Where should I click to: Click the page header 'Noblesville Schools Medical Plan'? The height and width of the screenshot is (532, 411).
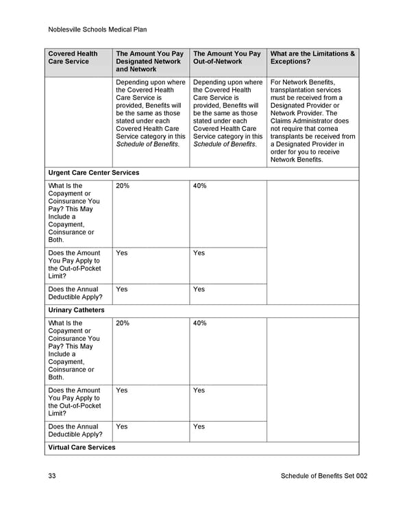click(98, 29)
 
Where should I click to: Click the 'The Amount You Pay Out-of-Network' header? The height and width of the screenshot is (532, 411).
click(227, 58)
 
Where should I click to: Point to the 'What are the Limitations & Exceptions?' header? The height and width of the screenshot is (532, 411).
click(312, 58)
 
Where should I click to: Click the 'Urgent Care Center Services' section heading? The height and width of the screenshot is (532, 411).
click(93, 173)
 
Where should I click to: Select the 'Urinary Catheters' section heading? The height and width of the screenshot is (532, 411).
click(76, 310)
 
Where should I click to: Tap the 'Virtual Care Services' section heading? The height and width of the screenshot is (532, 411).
click(82, 447)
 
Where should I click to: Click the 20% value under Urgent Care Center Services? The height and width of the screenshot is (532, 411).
click(123, 186)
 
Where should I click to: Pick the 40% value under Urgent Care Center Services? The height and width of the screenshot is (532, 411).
click(200, 186)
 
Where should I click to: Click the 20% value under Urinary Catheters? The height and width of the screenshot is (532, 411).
click(123, 323)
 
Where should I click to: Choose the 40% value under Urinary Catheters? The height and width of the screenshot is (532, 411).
click(200, 323)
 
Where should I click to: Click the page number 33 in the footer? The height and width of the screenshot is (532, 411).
click(53, 476)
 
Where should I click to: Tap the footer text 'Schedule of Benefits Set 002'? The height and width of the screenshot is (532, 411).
click(324, 476)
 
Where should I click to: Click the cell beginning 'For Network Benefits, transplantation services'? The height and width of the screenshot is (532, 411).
click(312, 121)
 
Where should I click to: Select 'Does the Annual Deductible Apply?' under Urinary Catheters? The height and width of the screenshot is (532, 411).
click(75, 430)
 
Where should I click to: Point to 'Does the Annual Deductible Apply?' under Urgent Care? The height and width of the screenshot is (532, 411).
click(75, 293)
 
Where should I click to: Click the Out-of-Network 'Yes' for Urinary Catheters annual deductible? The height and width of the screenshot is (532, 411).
click(199, 426)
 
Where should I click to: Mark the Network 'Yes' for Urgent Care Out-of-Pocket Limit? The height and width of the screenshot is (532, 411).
click(122, 253)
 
